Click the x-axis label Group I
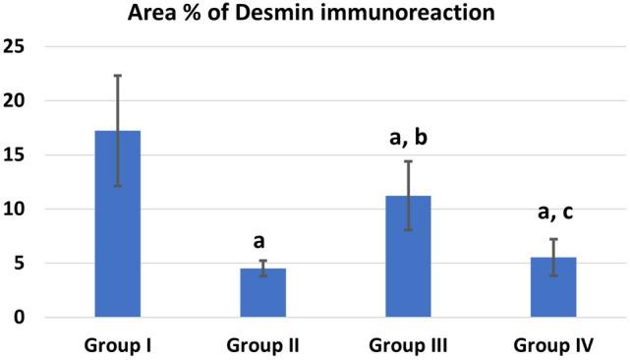(x=117, y=345)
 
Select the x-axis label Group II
(x=262, y=345)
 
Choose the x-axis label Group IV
(x=552, y=345)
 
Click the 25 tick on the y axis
(x=14, y=46)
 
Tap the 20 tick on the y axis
(x=14, y=100)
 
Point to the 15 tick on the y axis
(x=14, y=154)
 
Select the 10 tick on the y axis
(x=14, y=209)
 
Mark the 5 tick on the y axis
(x=19, y=263)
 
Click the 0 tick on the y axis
(x=19, y=317)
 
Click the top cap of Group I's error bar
(x=117, y=75)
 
